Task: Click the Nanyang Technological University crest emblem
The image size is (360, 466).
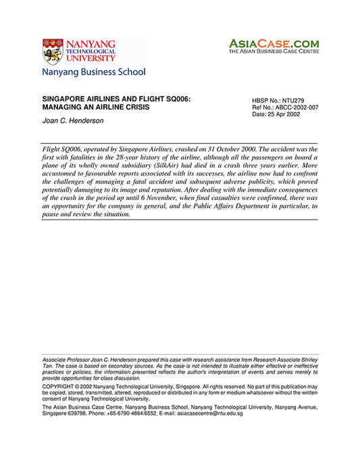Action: [x=53, y=51]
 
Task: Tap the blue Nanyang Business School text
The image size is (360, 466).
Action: [x=93, y=72]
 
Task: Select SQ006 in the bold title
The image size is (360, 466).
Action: [x=173, y=99]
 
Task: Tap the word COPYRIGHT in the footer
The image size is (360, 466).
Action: [x=59, y=386]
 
